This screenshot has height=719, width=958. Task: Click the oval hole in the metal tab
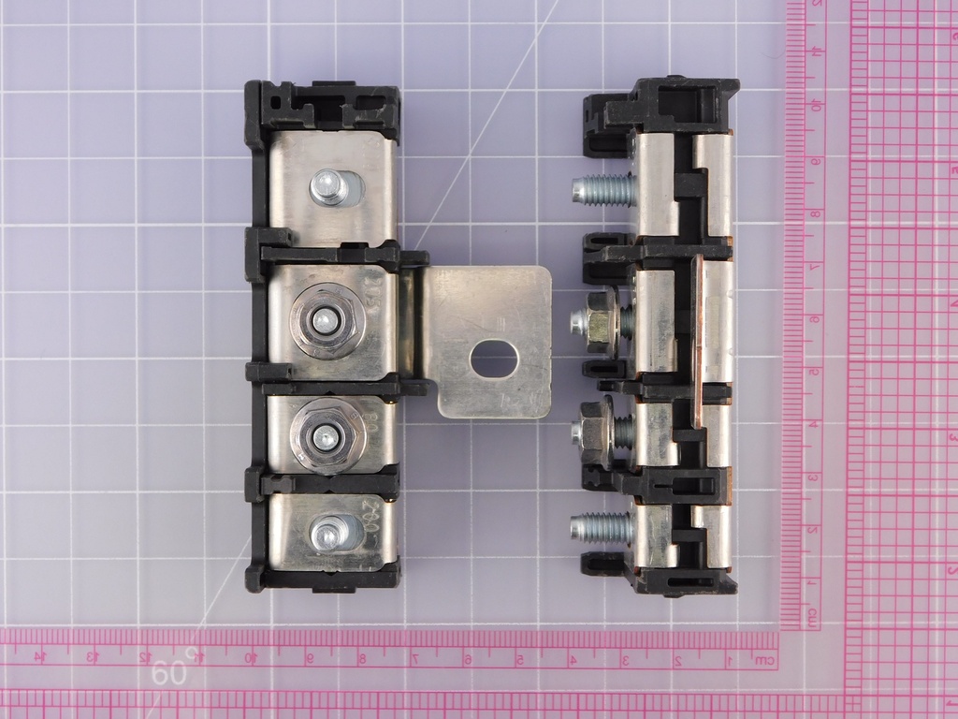[494, 359]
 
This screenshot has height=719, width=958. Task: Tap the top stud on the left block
[328, 188]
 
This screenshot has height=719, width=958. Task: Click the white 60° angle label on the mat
[172, 671]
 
